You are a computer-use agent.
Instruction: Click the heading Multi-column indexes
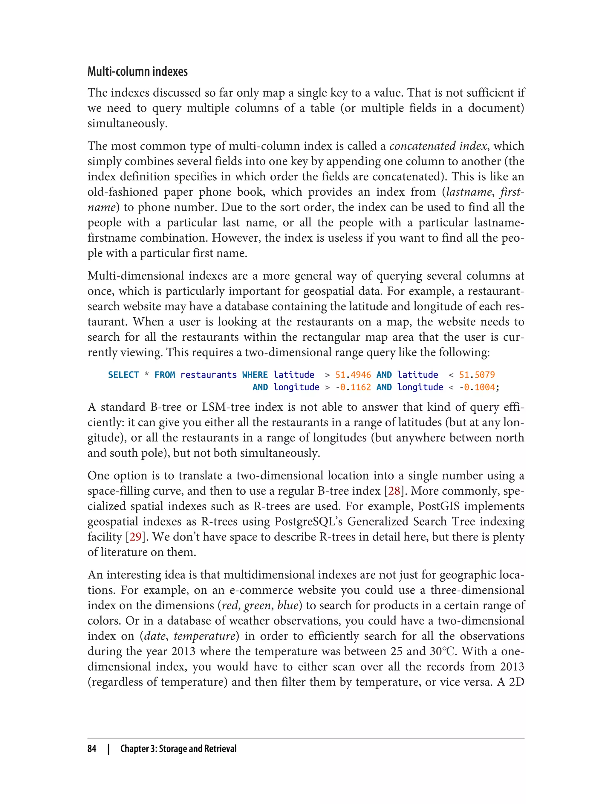click(137, 72)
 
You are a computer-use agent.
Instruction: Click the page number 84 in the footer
click(92, 749)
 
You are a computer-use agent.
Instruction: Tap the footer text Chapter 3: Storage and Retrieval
click(178, 749)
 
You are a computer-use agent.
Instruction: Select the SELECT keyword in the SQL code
click(123, 375)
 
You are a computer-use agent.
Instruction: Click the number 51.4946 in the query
click(353, 375)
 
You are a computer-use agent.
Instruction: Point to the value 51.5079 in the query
click(477, 375)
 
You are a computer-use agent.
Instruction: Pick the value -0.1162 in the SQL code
click(353, 387)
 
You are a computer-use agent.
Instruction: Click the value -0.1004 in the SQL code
click(477, 387)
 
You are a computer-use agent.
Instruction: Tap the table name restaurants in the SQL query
click(208, 375)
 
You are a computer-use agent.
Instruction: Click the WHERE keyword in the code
click(255, 375)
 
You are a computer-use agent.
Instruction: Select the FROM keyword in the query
click(165, 375)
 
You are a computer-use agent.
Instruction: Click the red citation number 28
click(394, 491)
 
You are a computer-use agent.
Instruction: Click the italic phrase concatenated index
click(438, 146)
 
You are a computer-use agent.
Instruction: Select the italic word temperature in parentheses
click(204, 636)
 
